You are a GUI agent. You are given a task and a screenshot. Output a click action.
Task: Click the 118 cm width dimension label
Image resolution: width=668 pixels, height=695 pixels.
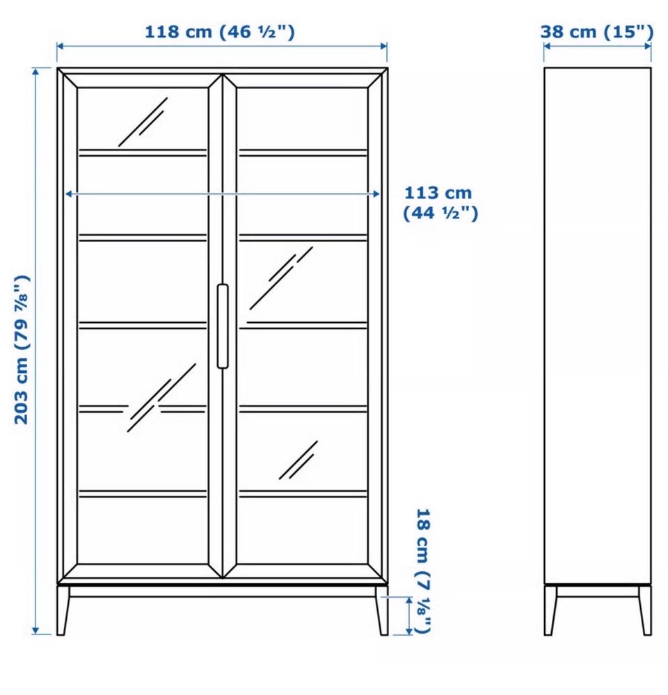pos(220,32)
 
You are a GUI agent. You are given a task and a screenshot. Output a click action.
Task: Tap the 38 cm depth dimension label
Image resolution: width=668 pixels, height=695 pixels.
pos(596,32)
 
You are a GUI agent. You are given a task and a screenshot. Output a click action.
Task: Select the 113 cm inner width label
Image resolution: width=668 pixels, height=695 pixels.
pos(440,203)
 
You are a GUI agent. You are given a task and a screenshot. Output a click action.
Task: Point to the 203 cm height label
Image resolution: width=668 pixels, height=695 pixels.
pos(22,350)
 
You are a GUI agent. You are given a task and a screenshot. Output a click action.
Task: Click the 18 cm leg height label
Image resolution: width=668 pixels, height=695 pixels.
pos(423,571)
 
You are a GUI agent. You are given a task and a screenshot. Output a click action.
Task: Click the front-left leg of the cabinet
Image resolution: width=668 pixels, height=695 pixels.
pos(63,610)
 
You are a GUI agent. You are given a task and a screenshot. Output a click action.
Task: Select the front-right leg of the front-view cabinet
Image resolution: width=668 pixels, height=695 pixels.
pos(381,610)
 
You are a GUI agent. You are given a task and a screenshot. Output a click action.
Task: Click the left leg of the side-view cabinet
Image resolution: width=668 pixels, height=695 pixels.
pos(550,610)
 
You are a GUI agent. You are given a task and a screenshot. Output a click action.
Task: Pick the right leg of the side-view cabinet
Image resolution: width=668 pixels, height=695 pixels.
pos(646,610)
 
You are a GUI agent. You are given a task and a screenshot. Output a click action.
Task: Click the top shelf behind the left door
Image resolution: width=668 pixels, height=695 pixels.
pos(143,152)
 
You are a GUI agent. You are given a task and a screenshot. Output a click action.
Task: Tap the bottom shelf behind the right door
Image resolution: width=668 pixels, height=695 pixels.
pos(303,493)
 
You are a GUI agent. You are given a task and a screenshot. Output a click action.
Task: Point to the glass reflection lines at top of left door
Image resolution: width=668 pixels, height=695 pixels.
pos(143,122)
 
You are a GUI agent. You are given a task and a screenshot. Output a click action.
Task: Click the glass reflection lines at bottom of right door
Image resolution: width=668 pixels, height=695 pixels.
pos(299,460)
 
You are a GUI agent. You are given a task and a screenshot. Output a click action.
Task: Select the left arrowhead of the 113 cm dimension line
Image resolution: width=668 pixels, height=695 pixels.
pos(69,193)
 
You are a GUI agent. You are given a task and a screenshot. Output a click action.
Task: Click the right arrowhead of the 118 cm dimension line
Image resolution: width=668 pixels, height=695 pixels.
pos(384,46)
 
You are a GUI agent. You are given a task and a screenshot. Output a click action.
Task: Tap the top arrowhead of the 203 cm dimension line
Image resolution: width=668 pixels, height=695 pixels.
pos(36,72)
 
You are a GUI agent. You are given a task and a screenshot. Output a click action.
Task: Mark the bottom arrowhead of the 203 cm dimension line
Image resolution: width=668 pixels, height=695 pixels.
pos(36,631)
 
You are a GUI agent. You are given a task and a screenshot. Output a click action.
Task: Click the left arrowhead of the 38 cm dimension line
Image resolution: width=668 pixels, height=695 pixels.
pos(548,46)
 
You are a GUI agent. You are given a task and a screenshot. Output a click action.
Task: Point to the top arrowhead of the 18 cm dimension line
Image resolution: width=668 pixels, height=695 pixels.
pos(409,600)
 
